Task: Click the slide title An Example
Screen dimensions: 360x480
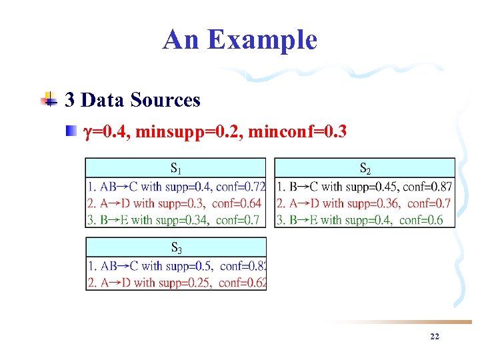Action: click(x=239, y=39)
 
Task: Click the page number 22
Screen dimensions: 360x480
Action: click(x=435, y=337)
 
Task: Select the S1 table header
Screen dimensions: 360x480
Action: click(x=175, y=167)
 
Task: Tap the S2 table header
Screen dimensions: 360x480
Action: click(x=365, y=167)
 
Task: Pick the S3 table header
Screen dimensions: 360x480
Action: click(x=175, y=247)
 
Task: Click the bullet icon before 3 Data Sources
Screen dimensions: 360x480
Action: click(x=49, y=100)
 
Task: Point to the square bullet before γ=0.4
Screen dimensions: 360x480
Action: click(x=71, y=132)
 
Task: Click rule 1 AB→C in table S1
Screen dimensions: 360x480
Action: click(x=176, y=187)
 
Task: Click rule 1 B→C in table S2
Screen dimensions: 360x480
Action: click(x=364, y=187)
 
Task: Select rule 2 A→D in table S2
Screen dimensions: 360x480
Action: click(x=364, y=203)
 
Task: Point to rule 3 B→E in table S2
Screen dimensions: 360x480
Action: click(x=361, y=219)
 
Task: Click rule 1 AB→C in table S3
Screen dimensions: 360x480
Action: click(x=177, y=266)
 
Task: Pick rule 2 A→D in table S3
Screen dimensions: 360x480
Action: click(x=177, y=282)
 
